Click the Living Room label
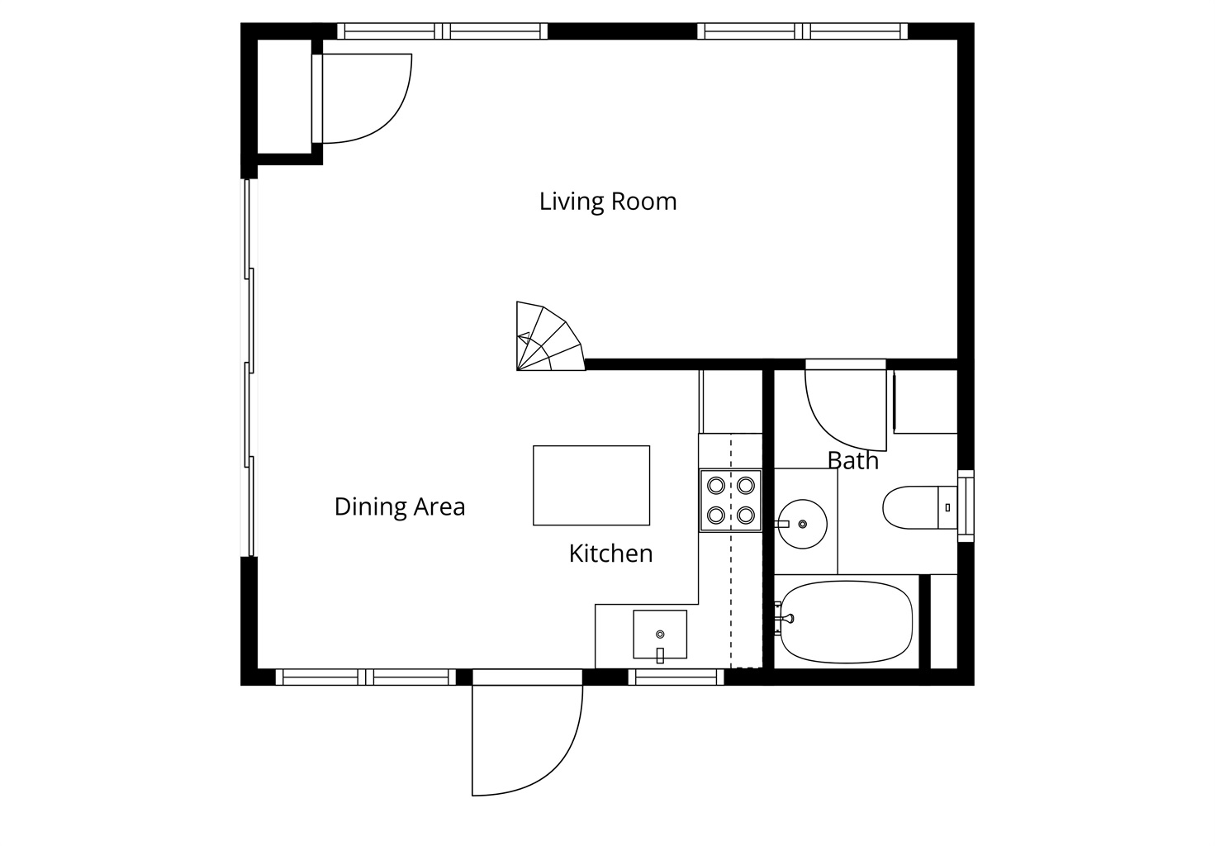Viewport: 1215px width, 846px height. [608, 202]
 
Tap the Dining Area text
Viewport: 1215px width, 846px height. [400, 506]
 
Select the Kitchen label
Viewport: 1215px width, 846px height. [610, 554]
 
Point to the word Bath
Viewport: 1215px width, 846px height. [852, 460]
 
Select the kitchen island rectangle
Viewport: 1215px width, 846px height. [591, 486]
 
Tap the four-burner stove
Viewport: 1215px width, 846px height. [731, 501]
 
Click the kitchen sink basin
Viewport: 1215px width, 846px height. [660, 634]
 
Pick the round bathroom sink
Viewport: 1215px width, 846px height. [802, 524]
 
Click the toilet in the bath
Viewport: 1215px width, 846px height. [919, 507]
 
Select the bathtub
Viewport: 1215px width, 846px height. [846, 622]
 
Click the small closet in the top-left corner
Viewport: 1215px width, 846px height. [283, 97]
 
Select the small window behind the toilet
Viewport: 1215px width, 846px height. [966, 506]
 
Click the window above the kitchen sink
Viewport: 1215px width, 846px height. [676, 677]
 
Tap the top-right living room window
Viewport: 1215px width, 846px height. [802, 31]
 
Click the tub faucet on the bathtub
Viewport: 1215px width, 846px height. [785, 618]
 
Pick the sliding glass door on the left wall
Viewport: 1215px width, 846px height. [249, 368]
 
